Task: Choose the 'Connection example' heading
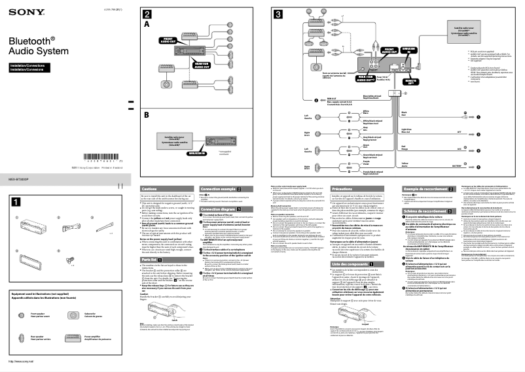[222, 188]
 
